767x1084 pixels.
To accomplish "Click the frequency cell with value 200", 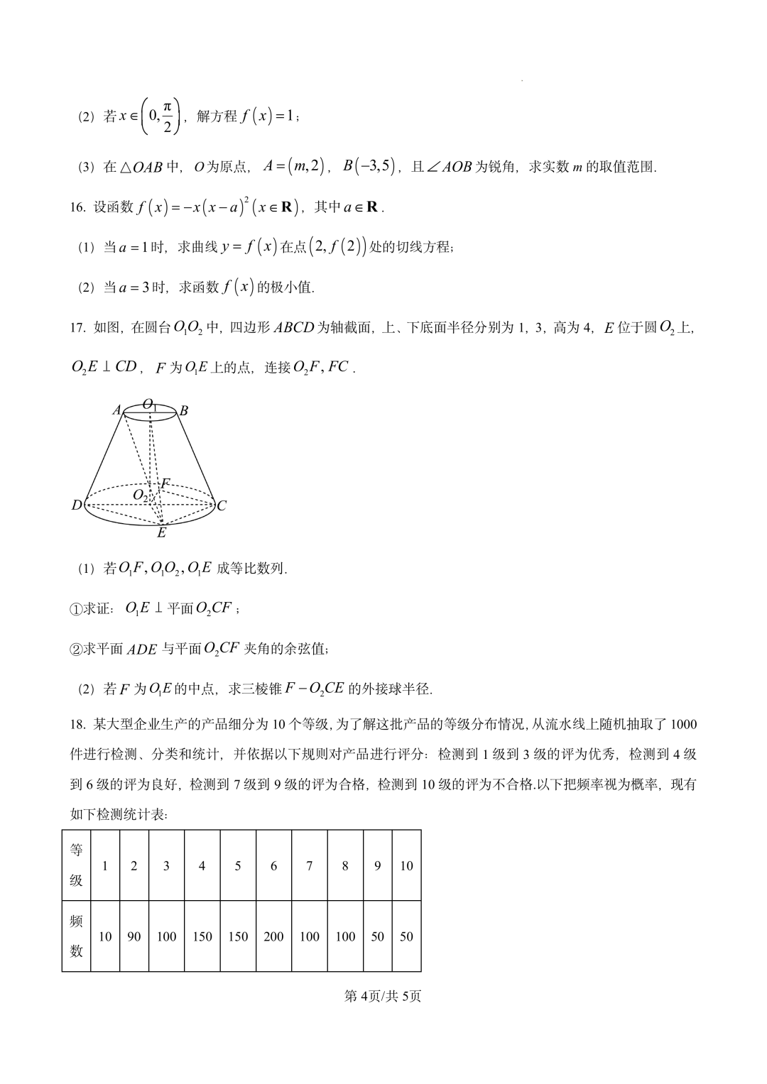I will point(273,936).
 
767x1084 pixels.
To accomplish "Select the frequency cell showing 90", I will point(134,936).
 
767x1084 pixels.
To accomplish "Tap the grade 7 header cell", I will point(309,865).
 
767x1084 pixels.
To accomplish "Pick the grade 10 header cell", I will point(406,865).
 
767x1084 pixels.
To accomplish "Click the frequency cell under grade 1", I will point(105,936).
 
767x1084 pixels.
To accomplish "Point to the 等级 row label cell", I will point(77,865).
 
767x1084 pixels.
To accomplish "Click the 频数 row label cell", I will point(77,936).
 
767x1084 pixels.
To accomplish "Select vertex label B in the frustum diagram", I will point(183,410).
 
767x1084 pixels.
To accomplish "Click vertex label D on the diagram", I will point(77,505).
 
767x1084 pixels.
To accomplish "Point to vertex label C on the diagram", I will point(222,505).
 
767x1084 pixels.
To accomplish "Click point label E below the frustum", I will point(161,532).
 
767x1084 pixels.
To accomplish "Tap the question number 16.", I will point(77,207).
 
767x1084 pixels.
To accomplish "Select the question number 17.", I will point(77,327).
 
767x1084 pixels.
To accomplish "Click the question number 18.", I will point(77,724).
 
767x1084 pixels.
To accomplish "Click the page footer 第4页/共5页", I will point(383,996).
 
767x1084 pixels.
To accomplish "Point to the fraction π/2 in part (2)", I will point(168,116).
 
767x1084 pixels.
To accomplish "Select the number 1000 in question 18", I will point(683,724).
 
